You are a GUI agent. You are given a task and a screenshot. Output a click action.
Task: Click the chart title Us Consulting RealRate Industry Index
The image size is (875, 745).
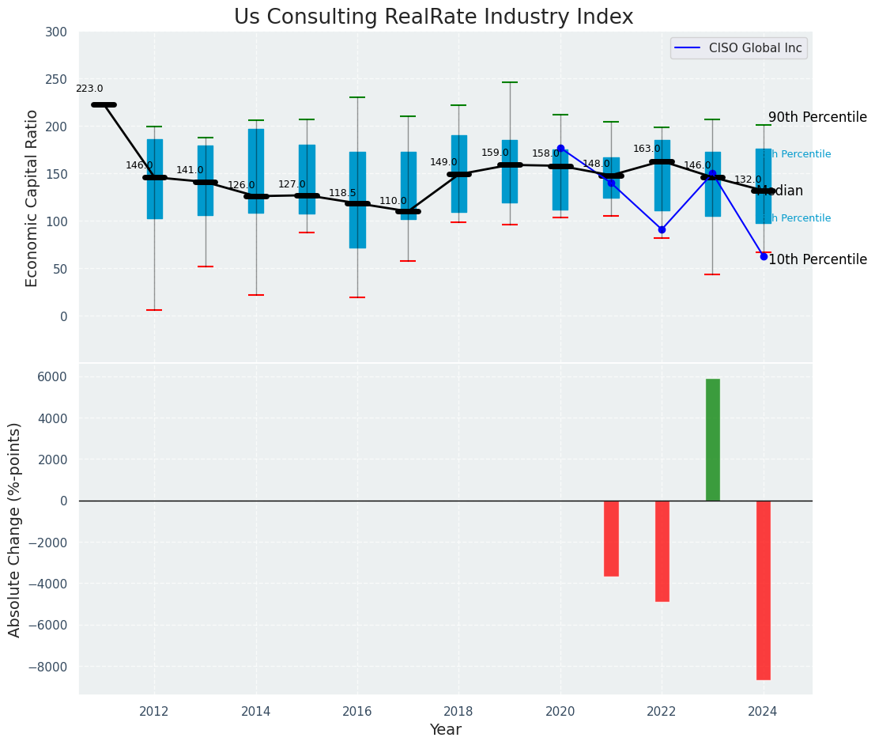coord(433,17)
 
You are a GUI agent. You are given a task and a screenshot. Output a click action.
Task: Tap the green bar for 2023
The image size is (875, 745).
coord(713,440)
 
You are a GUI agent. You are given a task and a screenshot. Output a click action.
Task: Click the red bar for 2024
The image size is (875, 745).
coord(764,590)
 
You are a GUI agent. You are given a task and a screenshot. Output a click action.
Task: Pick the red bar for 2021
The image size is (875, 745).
coord(611,538)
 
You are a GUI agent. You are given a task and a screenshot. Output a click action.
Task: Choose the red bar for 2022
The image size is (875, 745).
coord(662,550)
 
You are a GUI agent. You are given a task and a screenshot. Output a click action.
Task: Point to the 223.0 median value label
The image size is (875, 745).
coord(89,89)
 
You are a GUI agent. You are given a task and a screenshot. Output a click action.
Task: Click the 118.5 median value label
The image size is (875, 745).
coord(342,193)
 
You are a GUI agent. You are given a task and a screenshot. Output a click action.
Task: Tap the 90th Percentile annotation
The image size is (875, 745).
coord(817,117)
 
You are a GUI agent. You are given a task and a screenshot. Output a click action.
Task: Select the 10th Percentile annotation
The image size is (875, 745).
coord(817,259)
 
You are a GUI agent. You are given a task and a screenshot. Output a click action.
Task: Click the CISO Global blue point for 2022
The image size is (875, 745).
coord(662,229)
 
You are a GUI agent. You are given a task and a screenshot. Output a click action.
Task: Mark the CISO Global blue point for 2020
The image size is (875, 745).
coord(560,148)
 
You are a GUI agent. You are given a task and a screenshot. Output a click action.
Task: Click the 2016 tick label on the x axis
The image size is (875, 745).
coord(357,711)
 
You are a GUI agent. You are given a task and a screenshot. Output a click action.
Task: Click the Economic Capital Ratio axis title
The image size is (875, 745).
coord(32,198)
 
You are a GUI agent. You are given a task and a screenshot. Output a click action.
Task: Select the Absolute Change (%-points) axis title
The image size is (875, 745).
coord(15,529)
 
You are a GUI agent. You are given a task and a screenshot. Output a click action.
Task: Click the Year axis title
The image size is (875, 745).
coord(446,730)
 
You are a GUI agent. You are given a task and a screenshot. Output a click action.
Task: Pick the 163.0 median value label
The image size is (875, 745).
coord(647,149)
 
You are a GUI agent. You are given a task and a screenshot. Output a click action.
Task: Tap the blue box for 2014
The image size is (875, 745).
coord(256,171)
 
